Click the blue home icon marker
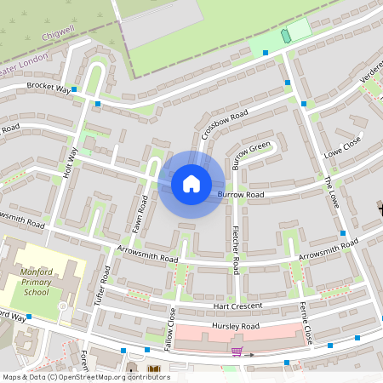tap(191, 183)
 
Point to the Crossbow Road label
tap(224, 125)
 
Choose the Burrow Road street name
tap(241, 195)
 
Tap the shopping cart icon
tap(237, 351)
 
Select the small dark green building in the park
tap(285, 35)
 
